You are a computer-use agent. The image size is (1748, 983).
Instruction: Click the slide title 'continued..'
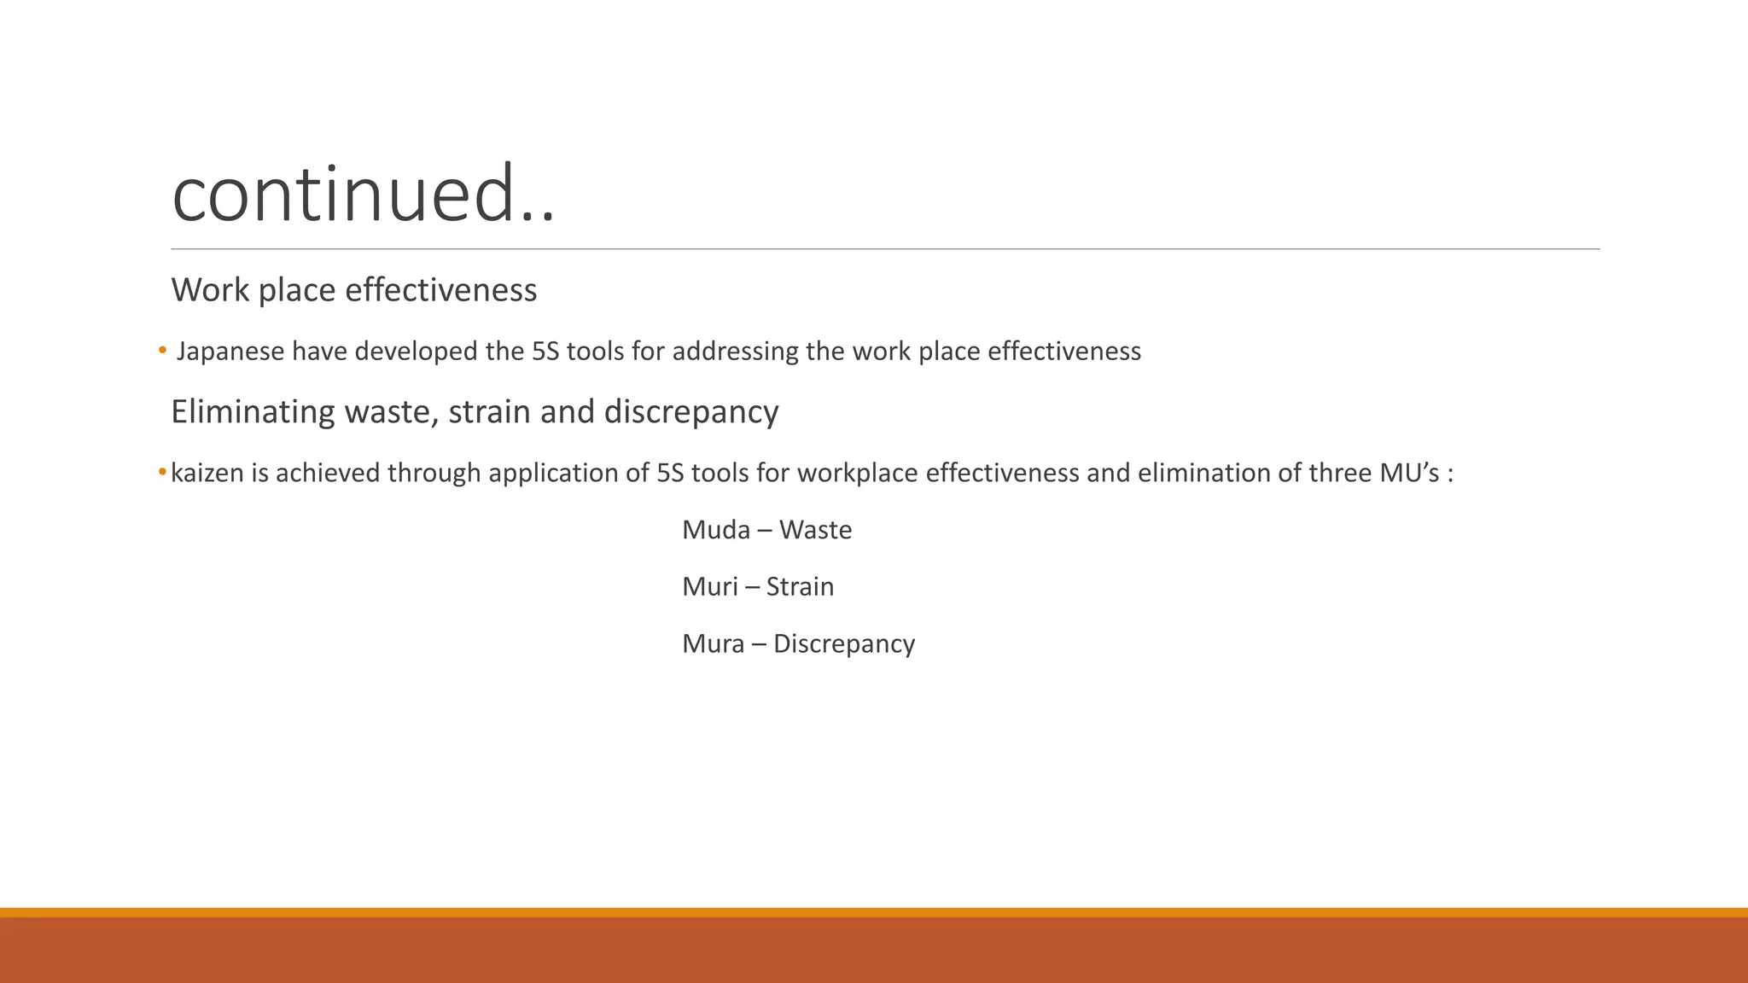[x=364, y=194]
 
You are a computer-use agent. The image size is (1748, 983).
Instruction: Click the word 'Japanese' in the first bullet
[x=230, y=352]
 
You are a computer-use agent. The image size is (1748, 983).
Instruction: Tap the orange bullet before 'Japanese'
[x=162, y=351]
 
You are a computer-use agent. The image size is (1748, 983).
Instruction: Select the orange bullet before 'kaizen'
[x=162, y=473]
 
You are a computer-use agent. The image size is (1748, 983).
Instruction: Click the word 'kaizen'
[x=207, y=473]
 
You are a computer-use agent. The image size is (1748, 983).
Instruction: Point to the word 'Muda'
[x=716, y=530]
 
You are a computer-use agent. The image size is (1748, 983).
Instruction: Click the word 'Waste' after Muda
[x=815, y=530]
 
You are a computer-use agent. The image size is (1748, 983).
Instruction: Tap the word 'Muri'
[x=710, y=587]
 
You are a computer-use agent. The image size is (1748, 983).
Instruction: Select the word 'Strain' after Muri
[x=800, y=587]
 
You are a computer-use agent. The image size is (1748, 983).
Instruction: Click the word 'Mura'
[x=714, y=643]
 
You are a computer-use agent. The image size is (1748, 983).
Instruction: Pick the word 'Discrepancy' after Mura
[x=843, y=644]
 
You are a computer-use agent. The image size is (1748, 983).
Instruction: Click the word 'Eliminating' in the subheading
[x=253, y=412]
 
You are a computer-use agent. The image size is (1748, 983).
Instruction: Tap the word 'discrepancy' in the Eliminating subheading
[x=691, y=412]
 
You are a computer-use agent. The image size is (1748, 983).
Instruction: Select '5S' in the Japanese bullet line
[x=545, y=352]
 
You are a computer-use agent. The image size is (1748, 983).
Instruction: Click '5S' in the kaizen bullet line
[x=670, y=473]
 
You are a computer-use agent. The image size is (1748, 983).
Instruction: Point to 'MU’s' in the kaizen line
[x=1409, y=473]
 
